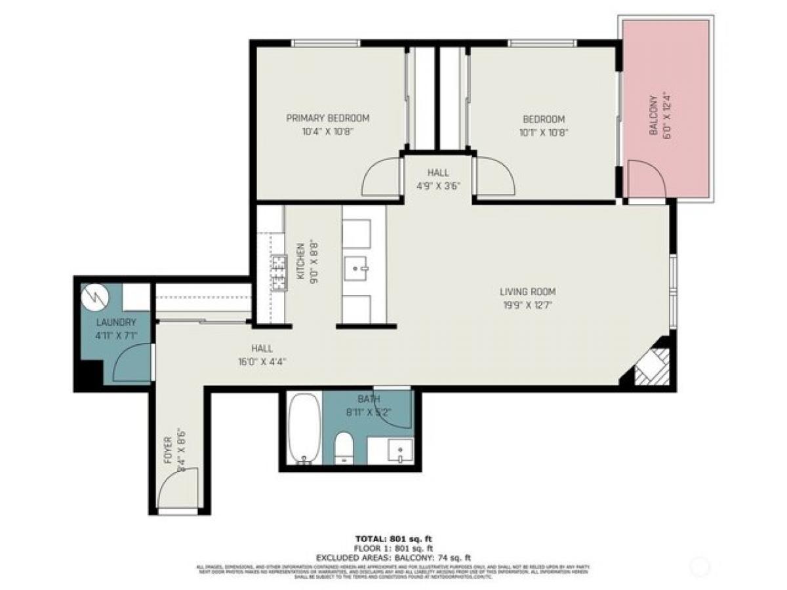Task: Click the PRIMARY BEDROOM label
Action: [x=327, y=119]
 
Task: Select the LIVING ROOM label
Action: [x=527, y=292]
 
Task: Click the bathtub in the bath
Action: [x=304, y=428]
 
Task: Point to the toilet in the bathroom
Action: [x=344, y=449]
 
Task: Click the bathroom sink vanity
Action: [x=390, y=450]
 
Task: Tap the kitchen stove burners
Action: [x=280, y=273]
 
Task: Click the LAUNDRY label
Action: [x=116, y=323]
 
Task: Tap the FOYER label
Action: [x=167, y=451]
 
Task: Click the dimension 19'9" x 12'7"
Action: [x=527, y=304]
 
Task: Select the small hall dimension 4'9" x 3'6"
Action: [x=438, y=185]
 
